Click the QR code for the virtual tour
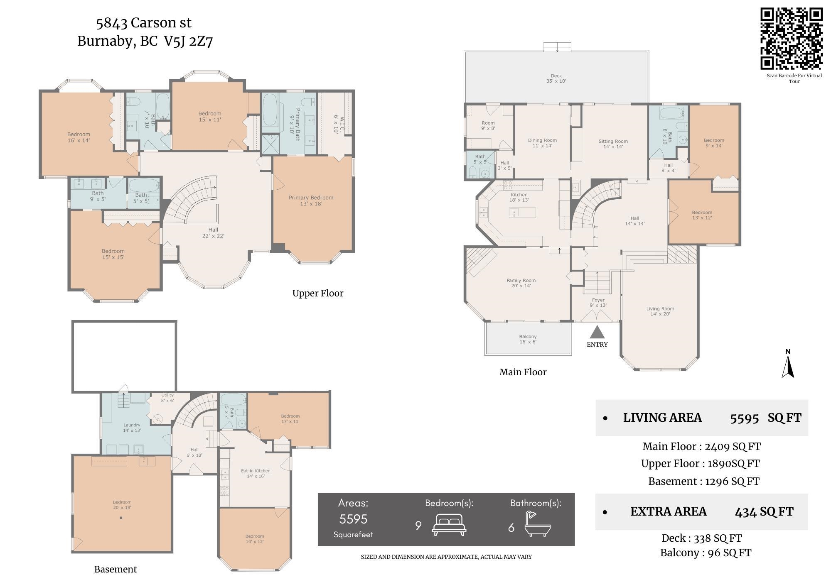tap(792, 39)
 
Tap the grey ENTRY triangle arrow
tap(597, 332)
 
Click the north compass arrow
tap(788, 367)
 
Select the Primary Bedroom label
tap(311, 201)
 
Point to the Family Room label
tap(521, 283)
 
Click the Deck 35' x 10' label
tap(556, 78)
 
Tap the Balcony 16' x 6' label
tap(528, 339)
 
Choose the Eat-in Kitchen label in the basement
tap(256, 473)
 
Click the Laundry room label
tap(132, 428)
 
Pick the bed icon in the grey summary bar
tap(449, 525)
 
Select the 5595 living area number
tap(745, 418)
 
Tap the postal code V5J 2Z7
tap(188, 41)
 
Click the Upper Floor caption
tap(318, 293)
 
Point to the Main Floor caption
tap(523, 372)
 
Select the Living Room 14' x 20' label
tap(660, 311)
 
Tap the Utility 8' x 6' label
tap(167, 398)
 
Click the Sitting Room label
tap(613, 144)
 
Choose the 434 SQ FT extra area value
tap(764, 512)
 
